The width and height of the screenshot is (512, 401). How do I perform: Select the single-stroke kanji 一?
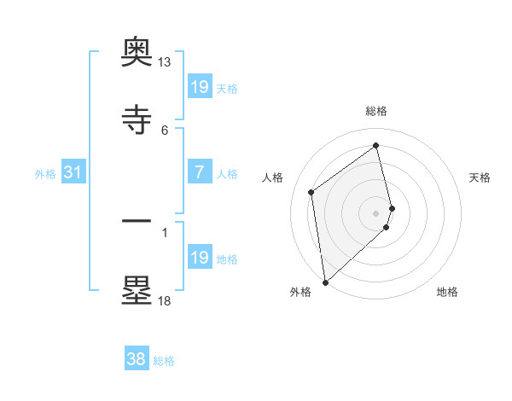[x=137, y=220]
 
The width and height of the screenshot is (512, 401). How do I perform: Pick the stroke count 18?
[x=164, y=300]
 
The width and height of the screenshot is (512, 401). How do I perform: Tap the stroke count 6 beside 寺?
[x=165, y=130]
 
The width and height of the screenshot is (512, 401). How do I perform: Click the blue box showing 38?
[x=137, y=360]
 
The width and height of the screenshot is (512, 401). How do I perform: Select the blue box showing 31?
[x=73, y=173]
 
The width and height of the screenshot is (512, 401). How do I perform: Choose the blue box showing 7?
[x=199, y=173]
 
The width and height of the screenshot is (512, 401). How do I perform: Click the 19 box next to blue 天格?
[x=199, y=87]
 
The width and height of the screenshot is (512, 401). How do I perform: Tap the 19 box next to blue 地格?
[x=199, y=258]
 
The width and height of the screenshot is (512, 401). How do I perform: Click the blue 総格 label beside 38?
[x=164, y=361]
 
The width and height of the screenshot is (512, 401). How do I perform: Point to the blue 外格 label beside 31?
[x=45, y=174]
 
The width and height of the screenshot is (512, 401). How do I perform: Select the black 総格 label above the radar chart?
[x=376, y=111]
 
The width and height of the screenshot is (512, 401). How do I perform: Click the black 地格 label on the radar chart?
[x=447, y=292]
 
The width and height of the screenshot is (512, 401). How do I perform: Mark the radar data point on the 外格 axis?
[x=325, y=282]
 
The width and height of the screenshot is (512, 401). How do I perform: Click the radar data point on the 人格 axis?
[x=311, y=192]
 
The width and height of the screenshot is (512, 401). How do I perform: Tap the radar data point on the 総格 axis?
[x=376, y=145]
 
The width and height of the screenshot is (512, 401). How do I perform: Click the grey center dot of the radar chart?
[x=376, y=212]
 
